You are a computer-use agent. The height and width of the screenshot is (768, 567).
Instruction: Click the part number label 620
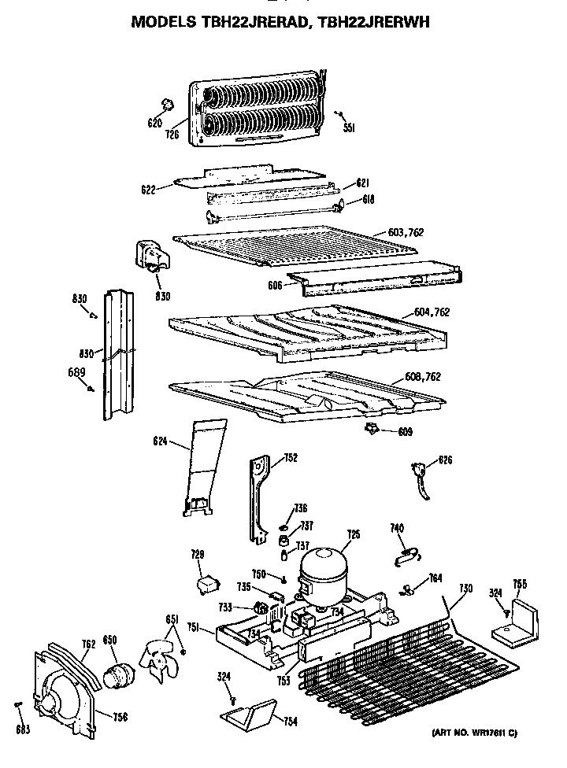155,123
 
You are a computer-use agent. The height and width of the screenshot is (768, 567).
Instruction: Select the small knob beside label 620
166,105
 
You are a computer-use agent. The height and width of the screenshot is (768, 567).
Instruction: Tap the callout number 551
349,127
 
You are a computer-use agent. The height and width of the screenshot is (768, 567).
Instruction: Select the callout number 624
160,441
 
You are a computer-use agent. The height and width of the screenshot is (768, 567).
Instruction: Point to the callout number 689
76,372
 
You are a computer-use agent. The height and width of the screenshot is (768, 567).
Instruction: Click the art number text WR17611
485,733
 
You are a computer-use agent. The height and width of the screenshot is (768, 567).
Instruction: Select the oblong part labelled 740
403,556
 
